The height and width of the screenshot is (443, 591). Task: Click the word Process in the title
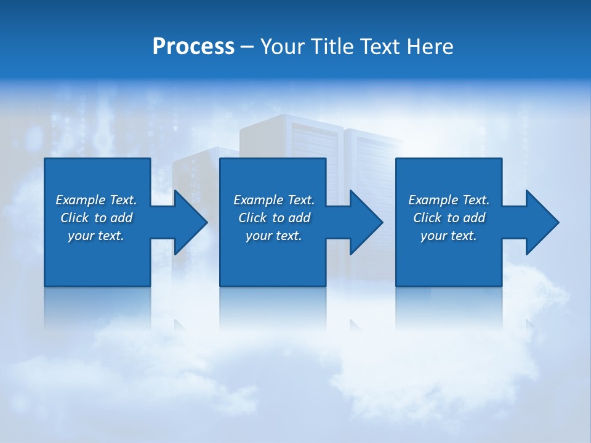point(193,47)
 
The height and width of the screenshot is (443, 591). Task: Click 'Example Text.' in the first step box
point(96,200)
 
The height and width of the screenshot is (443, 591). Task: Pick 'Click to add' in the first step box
point(96,218)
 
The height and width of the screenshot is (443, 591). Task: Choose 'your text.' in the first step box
point(96,236)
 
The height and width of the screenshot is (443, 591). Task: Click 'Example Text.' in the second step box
point(274,200)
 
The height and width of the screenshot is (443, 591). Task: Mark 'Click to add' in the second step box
point(274,218)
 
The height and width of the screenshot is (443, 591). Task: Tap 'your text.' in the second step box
point(274,236)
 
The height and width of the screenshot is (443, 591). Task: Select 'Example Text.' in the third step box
point(449,200)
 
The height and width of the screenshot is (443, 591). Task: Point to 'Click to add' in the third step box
point(449,218)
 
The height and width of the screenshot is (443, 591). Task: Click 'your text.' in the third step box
point(449,236)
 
